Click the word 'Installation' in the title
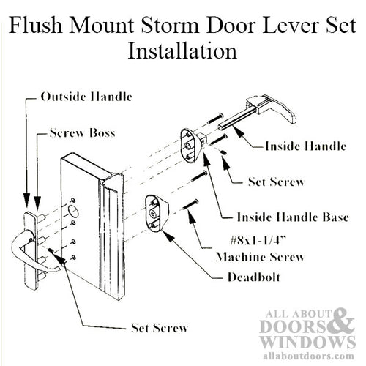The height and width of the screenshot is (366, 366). tap(183, 52)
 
